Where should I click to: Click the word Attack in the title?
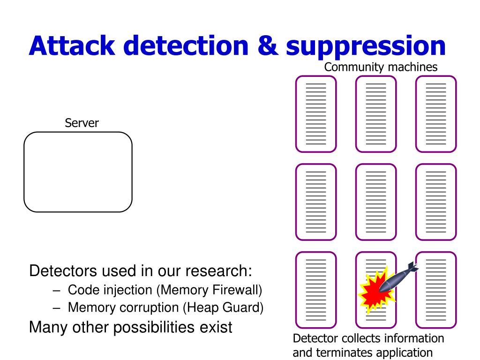click(72, 45)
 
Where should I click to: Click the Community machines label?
click(381, 67)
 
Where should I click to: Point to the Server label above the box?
click(82, 123)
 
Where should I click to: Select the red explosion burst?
click(376, 290)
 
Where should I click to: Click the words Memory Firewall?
click(210, 290)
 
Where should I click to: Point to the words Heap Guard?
click(224, 307)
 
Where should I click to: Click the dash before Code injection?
click(56, 291)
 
